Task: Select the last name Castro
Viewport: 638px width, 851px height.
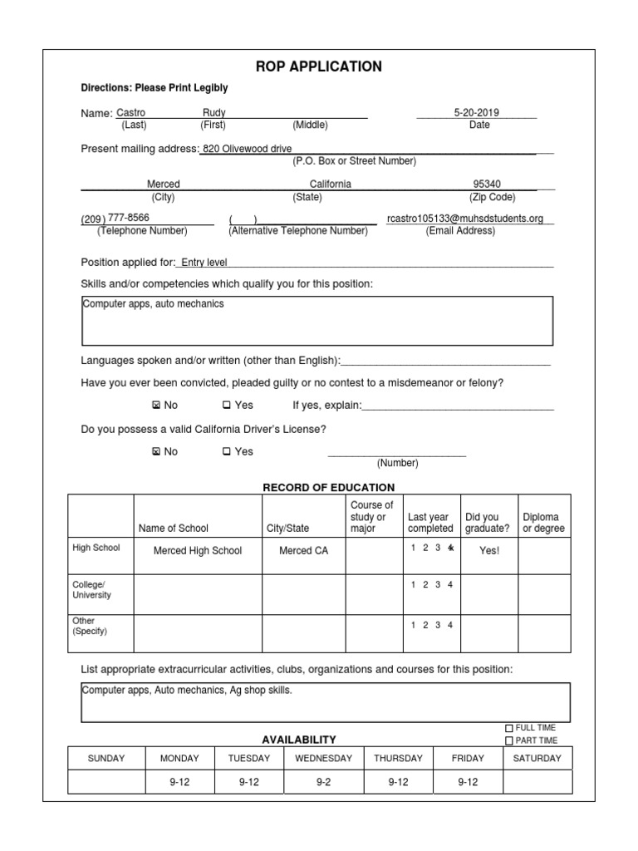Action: pos(130,112)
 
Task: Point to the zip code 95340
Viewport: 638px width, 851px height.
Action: pos(487,184)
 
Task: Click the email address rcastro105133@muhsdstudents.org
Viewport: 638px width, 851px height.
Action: pos(465,219)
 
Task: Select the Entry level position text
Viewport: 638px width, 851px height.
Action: pos(204,263)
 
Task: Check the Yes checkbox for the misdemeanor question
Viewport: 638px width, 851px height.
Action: pos(226,406)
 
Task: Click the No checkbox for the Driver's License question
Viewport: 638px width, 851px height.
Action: pos(155,452)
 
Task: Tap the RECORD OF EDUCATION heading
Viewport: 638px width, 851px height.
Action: pos(329,488)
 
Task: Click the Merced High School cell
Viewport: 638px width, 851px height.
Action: pos(198,551)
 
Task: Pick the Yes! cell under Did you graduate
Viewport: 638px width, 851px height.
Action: pos(489,551)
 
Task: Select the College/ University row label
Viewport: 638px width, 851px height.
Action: pos(91,590)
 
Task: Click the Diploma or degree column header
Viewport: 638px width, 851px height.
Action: pos(543,523)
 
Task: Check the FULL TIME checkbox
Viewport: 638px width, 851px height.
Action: pos(509,728)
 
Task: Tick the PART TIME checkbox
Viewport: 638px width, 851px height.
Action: pos(509,740)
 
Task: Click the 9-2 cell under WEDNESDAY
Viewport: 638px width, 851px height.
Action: pos(323,783)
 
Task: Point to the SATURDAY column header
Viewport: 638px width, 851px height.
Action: pos(537,758)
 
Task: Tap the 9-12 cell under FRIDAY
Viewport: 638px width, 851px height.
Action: pos(468,783)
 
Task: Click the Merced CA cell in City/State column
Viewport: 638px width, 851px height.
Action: pos(297,551)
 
